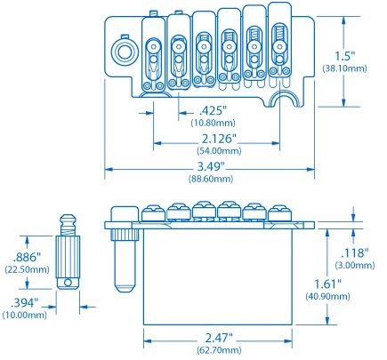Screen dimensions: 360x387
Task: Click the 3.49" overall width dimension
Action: pyautogui.click(x=210, y=166)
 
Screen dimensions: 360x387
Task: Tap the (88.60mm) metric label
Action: pyautogui.click(x=210, y=179)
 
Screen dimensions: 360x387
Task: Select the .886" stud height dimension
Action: pyautogui.click(x=20, y=255)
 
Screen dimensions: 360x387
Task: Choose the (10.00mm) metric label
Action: pyautogui.click(x=24, y=315)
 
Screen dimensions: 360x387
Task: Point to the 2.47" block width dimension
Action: pyautogui.click(x=219, y=339)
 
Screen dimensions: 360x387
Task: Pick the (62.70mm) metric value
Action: pyautogui.click(x=219, y=351)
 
